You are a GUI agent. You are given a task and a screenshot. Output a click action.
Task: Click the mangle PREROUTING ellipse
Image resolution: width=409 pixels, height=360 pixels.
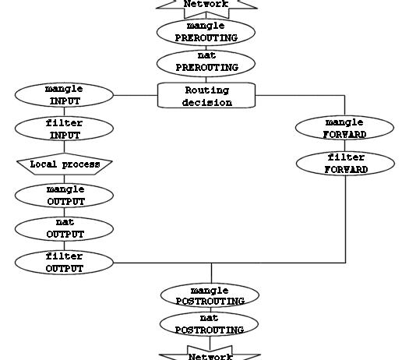point(206,32)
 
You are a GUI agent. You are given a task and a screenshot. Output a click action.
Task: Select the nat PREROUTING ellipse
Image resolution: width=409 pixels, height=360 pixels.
point(206,63)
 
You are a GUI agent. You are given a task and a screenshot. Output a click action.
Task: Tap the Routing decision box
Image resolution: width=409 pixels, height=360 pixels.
point(206,95)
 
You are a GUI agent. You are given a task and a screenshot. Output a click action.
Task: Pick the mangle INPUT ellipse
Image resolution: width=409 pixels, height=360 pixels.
point(64,95)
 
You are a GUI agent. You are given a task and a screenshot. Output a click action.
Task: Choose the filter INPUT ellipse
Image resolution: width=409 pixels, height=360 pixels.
point(64,129)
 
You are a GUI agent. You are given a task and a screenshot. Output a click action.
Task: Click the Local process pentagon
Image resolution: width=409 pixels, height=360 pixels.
point(65,164)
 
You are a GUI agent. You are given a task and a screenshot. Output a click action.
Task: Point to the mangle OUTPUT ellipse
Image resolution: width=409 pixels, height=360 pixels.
point(64,196)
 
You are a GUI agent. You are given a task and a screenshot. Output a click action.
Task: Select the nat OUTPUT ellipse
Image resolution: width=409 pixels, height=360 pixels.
point(64,229)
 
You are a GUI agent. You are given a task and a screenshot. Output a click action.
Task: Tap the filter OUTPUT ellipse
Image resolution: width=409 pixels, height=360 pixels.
point(64,263)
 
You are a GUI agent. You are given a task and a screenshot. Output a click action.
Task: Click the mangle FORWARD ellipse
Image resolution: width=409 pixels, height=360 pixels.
point(344,128)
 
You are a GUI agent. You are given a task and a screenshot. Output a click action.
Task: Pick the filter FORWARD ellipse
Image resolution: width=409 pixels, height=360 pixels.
point(345,164)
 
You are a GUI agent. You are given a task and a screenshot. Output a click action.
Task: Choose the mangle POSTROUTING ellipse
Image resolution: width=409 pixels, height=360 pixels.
point(210,295)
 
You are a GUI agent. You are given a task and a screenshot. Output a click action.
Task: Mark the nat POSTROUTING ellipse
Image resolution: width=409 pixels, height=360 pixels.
point(210,324)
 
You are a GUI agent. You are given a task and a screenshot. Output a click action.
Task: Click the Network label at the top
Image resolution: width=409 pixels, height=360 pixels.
point(206,4)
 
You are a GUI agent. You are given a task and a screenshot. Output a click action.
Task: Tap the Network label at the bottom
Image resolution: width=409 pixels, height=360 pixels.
point(210,356)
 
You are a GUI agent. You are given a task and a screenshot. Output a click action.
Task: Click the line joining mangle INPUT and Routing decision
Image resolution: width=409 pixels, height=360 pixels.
point(136,95)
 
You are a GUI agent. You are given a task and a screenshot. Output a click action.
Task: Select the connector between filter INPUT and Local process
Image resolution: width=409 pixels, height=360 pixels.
point(64,146)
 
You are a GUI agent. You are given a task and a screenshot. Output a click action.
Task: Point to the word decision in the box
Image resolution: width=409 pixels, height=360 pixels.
point(207,102)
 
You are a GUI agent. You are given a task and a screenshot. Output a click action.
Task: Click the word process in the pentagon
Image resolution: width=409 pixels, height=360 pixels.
point(81,164)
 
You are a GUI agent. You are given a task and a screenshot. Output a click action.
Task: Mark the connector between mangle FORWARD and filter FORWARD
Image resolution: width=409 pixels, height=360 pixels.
point(345,146)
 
